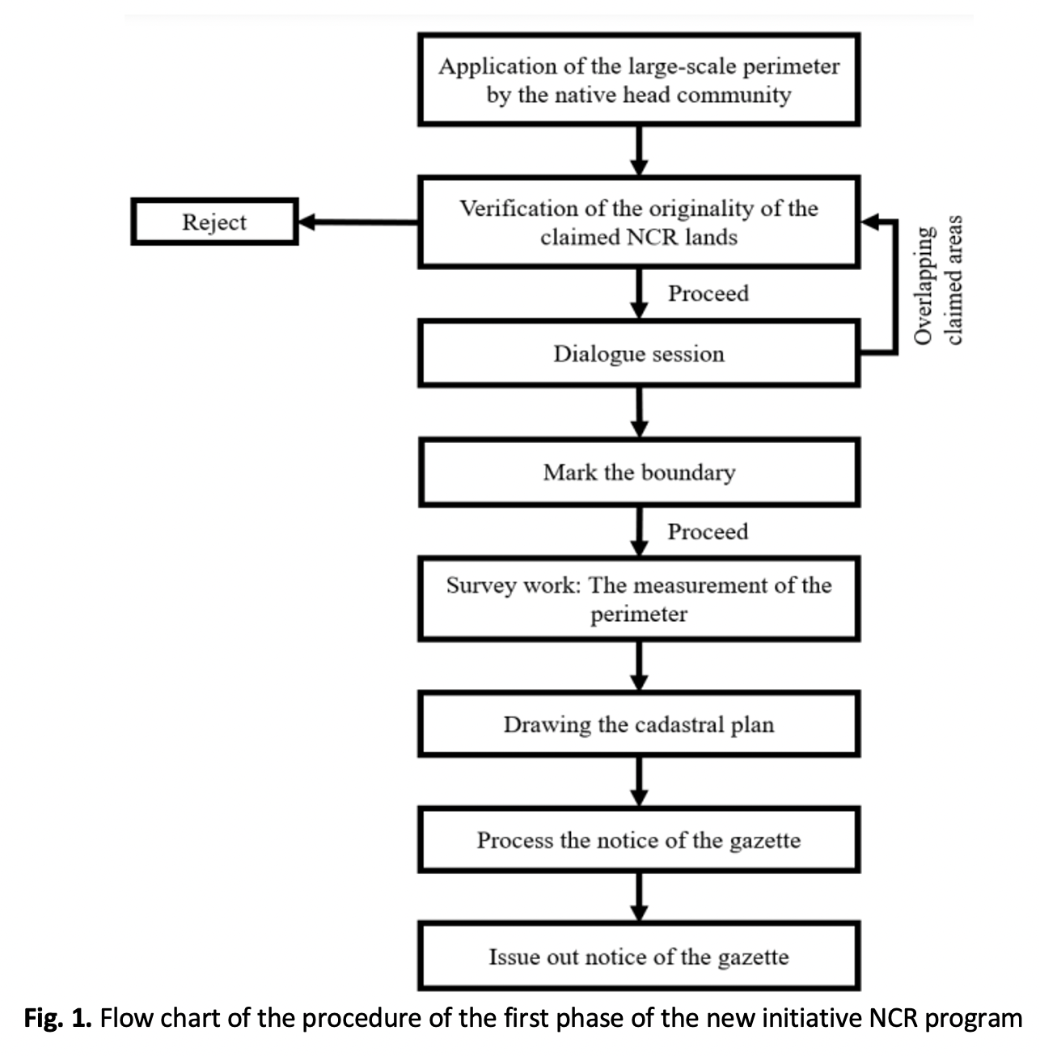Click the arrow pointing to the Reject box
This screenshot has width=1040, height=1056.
coord(358,222)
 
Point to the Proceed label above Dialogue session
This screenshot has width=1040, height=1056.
coord(708,294)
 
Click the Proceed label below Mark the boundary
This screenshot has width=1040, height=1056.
coord(708,531)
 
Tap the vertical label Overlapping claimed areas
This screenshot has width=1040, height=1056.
coord(937,280)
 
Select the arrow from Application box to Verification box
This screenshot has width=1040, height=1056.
coord(639,150)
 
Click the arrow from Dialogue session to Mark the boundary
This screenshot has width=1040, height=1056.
coord(639,412)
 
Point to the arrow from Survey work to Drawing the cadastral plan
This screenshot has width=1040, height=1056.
coord(639,665)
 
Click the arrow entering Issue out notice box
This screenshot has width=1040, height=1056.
coord(639,897)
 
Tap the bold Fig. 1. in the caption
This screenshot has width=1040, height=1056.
coord(57,1019)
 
